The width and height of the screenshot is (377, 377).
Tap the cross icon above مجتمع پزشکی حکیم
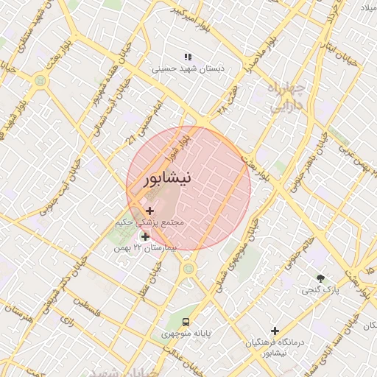pyautogui.click(x=150, y=211)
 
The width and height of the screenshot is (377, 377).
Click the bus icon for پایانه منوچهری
pyautogui.click(x=186, y=322)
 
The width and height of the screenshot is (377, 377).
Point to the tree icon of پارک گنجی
pyautogui.click(x=320, y=278)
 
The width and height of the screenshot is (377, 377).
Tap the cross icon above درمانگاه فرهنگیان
pyautogui.click(x=275, y=331)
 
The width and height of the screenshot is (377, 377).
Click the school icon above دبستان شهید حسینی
pyautogui.click(x=188, y=57)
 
